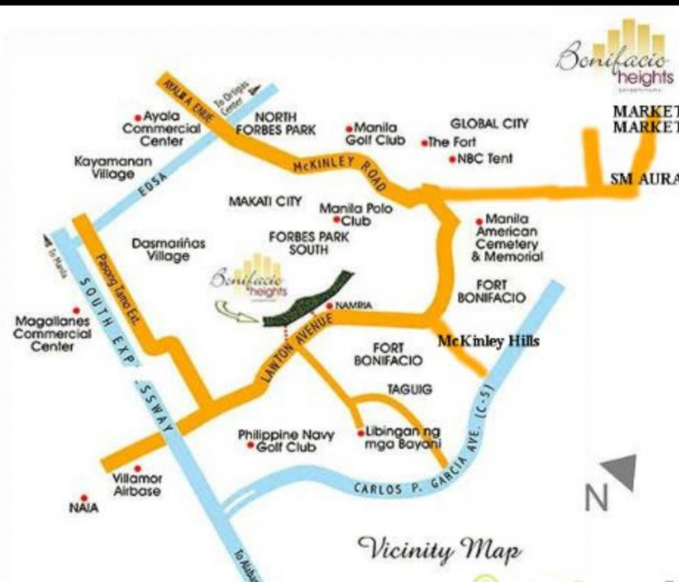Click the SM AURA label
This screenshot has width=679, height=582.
645,179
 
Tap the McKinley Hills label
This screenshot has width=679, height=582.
488,342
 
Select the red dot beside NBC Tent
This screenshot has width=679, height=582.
451,160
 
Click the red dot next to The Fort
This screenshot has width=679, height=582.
424,143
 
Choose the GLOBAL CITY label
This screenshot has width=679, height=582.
489,124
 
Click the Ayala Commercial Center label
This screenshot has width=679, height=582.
167,129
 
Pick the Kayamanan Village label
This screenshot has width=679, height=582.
106,168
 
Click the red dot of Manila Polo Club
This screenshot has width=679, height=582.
338,221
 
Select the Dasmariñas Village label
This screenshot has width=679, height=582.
169,250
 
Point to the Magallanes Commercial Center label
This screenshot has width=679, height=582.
52,334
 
